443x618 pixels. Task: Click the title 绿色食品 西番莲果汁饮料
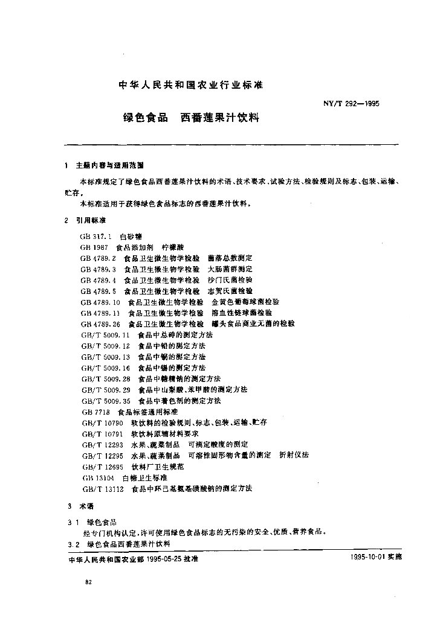(191, 118)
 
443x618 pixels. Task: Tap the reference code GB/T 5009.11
(105, 334)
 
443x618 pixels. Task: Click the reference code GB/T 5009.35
(105, 400)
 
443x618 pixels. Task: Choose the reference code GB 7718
(94, 411)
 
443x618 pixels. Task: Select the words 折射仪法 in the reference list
(294, 455)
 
